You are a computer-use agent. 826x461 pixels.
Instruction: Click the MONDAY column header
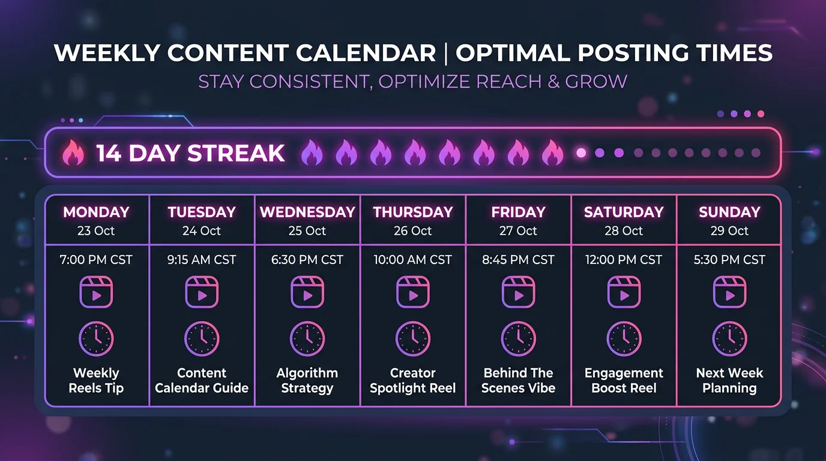pos(96,212)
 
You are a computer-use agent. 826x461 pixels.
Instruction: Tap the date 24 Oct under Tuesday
pos(202,231)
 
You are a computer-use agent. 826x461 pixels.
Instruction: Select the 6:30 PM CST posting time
pos(307,260)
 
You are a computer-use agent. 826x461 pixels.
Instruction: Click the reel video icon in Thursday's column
pos(413,292)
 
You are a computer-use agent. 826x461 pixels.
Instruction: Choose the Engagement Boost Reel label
pos(624,381)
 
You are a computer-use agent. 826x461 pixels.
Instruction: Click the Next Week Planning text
pos(729,381)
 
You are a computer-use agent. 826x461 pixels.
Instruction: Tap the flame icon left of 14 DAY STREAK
pos(73,153)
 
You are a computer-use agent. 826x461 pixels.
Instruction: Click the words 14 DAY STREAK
pos(190,154)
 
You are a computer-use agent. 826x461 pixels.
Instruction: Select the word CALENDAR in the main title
pos(366,53)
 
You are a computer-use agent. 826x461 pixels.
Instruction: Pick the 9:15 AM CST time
pos(202,260)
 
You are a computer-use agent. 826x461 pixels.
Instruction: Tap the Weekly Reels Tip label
pos(96,381)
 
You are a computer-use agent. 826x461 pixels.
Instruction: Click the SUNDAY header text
pos(729,212)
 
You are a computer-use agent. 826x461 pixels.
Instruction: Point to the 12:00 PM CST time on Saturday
pos(624,260)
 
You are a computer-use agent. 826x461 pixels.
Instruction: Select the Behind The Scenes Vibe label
pos(518,381)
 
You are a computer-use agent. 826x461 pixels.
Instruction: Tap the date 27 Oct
pos(518,231)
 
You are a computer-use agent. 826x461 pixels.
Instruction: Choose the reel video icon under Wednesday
pos(307,292)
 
